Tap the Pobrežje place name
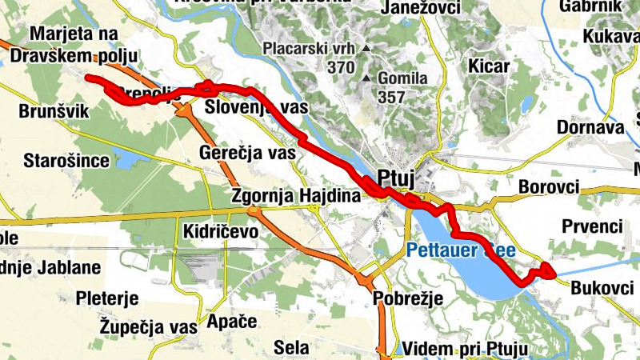point(408,298)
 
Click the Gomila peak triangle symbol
point(367,78)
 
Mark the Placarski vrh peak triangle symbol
point(366,49)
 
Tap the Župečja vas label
point(149,326)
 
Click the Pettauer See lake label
point(455,250)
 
